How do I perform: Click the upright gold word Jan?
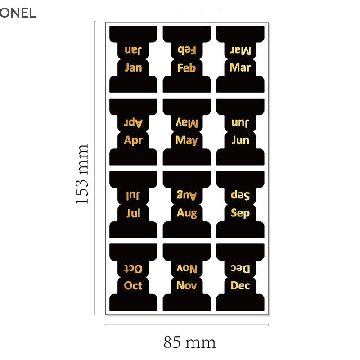(133, 68)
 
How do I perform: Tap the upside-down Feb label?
(187, 50)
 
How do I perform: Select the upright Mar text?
(240, 68)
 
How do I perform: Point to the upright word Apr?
(133, 140)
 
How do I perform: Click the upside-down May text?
(187, 123)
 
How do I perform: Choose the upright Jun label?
(240, 140)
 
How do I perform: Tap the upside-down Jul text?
(133, 196)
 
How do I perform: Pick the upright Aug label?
(187, 213)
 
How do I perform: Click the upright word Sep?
(240, 213)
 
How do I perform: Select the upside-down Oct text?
(133, 268)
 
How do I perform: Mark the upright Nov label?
(187, 285)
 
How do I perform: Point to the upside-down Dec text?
(240, 268)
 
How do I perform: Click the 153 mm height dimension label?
(82, 175)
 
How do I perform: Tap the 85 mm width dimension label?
(189, 343)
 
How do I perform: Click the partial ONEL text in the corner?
(18, 13)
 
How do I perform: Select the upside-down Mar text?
(240, 50)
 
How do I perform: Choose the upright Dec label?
(240, 285)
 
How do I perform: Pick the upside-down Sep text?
(240, 196)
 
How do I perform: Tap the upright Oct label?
(133, 285)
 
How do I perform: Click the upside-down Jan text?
(133, 50)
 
